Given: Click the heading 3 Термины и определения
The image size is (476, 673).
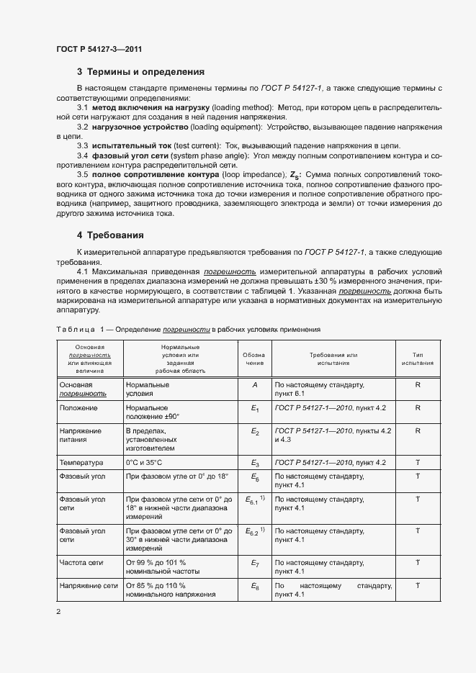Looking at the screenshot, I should point(140,72).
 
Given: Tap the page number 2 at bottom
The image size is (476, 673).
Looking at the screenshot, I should point(58,612).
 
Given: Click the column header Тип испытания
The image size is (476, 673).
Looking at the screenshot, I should point(417,358).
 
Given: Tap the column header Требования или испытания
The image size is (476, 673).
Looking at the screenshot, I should point(333,358).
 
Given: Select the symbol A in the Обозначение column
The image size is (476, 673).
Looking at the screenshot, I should point(254,385).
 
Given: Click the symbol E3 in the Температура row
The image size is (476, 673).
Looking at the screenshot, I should point(254,463).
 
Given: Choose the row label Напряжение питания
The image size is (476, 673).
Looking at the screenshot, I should point(81,435).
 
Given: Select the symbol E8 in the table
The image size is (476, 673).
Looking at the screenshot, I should point(254,587).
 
